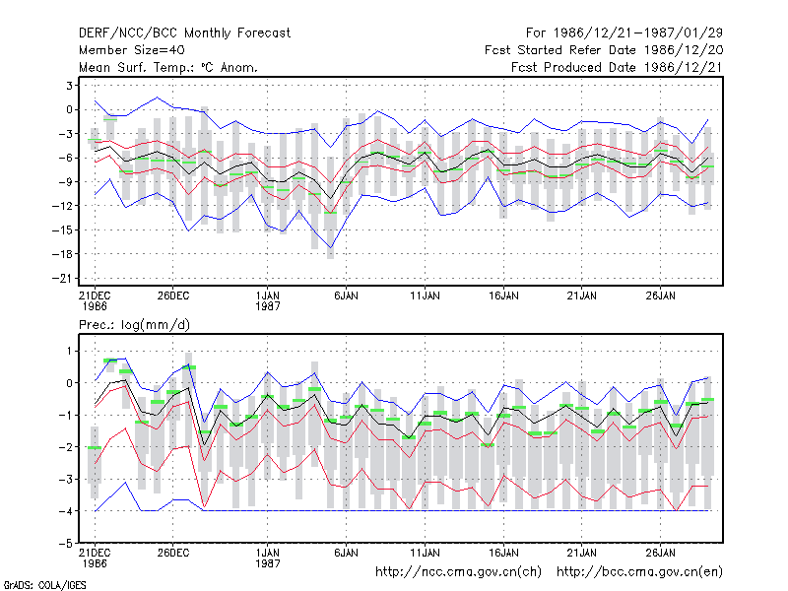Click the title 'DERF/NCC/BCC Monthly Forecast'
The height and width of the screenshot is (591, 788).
184,33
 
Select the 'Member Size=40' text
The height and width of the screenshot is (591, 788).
132,50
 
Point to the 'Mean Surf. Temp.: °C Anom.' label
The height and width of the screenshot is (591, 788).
168,67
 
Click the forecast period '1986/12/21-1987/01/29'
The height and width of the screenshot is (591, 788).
637,33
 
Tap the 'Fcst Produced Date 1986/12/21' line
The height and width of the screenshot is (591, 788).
617,67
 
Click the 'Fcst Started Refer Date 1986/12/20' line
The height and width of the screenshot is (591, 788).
604,50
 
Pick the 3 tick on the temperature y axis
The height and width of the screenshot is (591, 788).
69,86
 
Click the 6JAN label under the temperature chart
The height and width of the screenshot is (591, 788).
347,295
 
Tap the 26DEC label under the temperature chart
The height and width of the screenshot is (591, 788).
173,295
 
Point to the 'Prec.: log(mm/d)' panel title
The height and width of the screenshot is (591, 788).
134,325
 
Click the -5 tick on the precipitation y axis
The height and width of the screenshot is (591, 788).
66,544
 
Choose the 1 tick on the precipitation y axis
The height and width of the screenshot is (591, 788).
69,351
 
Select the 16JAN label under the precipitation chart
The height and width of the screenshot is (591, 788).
503,553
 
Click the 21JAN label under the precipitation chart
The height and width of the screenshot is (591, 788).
582,553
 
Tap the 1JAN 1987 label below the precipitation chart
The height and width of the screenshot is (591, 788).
267,558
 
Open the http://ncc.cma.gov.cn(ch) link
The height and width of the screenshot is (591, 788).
458,572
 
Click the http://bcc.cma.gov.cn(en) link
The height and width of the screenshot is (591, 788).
639,572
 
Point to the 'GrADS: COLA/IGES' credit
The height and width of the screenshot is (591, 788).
44,585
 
